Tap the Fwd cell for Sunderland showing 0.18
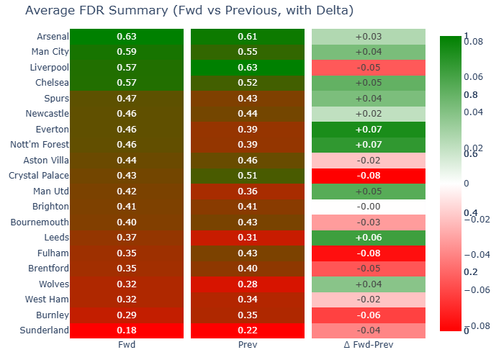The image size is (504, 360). point(126,330)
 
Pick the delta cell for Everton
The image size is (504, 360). point(369,130)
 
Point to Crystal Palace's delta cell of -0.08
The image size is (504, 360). point(369,176)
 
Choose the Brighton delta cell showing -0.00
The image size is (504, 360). point(369,207)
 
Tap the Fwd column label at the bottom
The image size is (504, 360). point(126,346)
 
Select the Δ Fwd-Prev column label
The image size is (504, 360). point(369,346)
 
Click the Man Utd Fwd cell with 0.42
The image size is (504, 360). point(126,192)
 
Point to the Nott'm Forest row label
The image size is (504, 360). point(40,145)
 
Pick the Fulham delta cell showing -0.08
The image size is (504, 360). point(369,253)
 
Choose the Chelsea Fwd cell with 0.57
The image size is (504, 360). point(126,83)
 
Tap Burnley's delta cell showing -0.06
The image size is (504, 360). point(369,315)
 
